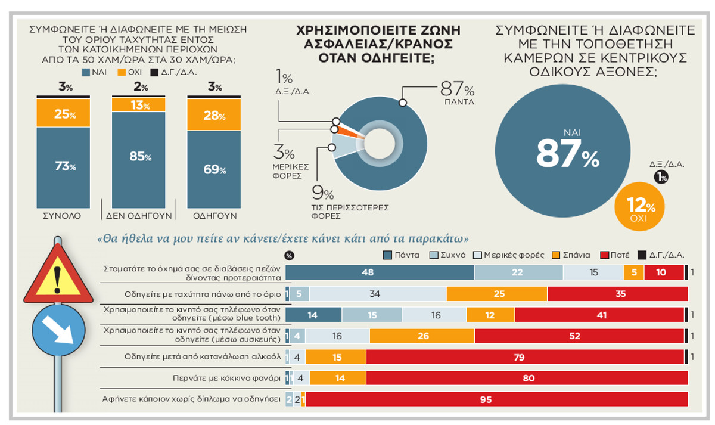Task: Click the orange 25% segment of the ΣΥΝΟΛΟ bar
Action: point(63,113)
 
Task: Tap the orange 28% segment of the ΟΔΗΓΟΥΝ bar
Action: point(214,115)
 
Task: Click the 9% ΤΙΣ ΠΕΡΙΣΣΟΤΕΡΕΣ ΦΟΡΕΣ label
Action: point(350,200)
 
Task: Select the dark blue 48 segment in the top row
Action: point(380,272)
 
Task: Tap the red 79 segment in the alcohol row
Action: point(524,357)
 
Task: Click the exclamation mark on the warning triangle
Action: point(58,276)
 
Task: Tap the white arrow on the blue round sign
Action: point(58,328)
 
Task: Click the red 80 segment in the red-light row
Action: point(527,378)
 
